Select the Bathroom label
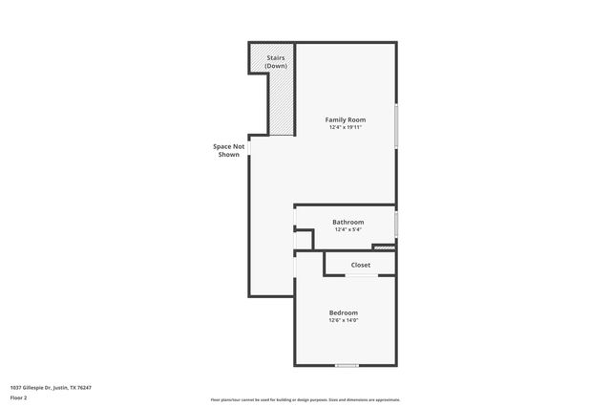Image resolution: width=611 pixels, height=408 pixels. [348, 223]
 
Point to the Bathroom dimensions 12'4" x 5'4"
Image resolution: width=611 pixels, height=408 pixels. [348, 230]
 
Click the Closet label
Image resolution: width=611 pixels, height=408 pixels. [361, 265]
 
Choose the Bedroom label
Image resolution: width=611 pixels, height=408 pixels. [344, 312]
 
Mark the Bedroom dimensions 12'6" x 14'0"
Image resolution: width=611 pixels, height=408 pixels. [344, 320]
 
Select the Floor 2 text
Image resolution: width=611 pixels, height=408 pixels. [19, 397]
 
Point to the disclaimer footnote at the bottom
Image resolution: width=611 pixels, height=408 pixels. [305, 399]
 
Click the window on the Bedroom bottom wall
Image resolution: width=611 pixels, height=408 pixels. [347, 365]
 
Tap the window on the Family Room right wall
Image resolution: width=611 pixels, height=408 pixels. [396, 126]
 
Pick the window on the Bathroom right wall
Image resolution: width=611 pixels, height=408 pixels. [396, 225]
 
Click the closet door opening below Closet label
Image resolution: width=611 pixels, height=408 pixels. [361, 276]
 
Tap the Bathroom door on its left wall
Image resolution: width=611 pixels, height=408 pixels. [295, 225]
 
